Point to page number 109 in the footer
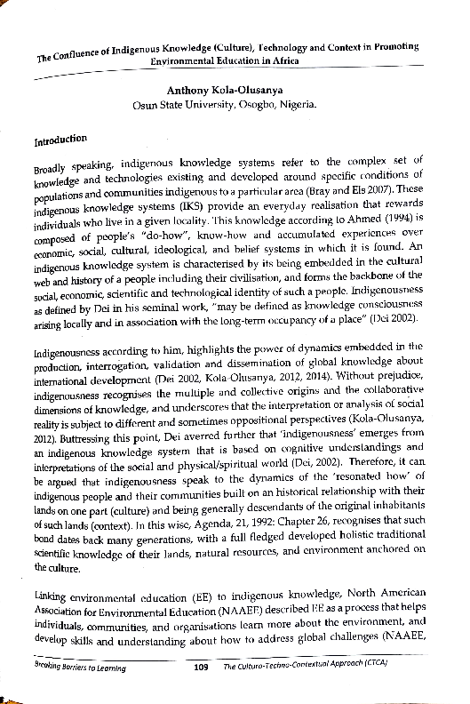(201, 691)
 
